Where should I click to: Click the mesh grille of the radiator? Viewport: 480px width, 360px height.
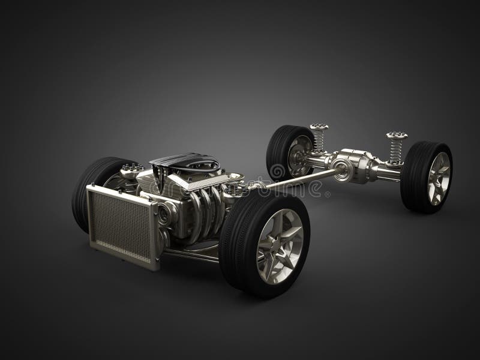(122, 225)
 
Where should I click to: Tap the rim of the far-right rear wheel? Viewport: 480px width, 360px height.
(439, 178)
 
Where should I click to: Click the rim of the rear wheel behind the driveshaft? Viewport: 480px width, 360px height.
(298, 154)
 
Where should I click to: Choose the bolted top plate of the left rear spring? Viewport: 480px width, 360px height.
(319, 127)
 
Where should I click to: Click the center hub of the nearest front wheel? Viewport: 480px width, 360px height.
(280, 245)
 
